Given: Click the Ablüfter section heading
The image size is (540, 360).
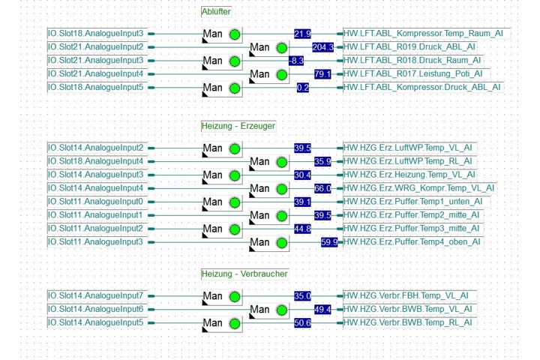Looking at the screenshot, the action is pyautogui.click(x=216, y=12).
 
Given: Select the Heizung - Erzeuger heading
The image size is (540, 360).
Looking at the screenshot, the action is pyautogui.click(x=238, y=126).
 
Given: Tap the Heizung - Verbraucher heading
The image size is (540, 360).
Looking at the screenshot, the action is pyautogui.click(x=244, y=274).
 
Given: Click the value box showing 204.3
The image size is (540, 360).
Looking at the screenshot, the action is pyautogui.click(x=322, y=47).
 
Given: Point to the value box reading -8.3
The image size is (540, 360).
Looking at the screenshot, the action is pyautogui.click(x=296, y=61).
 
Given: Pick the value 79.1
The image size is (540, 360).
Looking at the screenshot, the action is pyautogui.click(x=322, y=74).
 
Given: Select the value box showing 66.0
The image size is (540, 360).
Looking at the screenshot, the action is pyautogui.click(x=322, y=188).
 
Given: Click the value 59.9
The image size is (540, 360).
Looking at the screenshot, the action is pyautogui.click(x=329, y=242).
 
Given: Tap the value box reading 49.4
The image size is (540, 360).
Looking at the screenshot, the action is pyautogui.click(x=322, y=310).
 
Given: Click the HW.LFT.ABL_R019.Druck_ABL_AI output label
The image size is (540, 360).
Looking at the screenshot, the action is pyautogui.click(x=409, y=46).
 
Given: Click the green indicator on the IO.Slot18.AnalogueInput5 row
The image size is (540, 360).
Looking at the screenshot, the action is pyautogui.click(x=235, y=88).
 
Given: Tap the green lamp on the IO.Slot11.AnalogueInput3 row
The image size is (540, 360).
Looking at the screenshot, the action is pyautogui.click(x=282, y=243).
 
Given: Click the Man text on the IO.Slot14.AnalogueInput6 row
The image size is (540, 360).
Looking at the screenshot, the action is pyautogui.click(x=259, y=309).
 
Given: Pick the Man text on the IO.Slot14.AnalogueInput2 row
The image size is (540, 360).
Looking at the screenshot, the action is pyautogui.click(x=212, y=148).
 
